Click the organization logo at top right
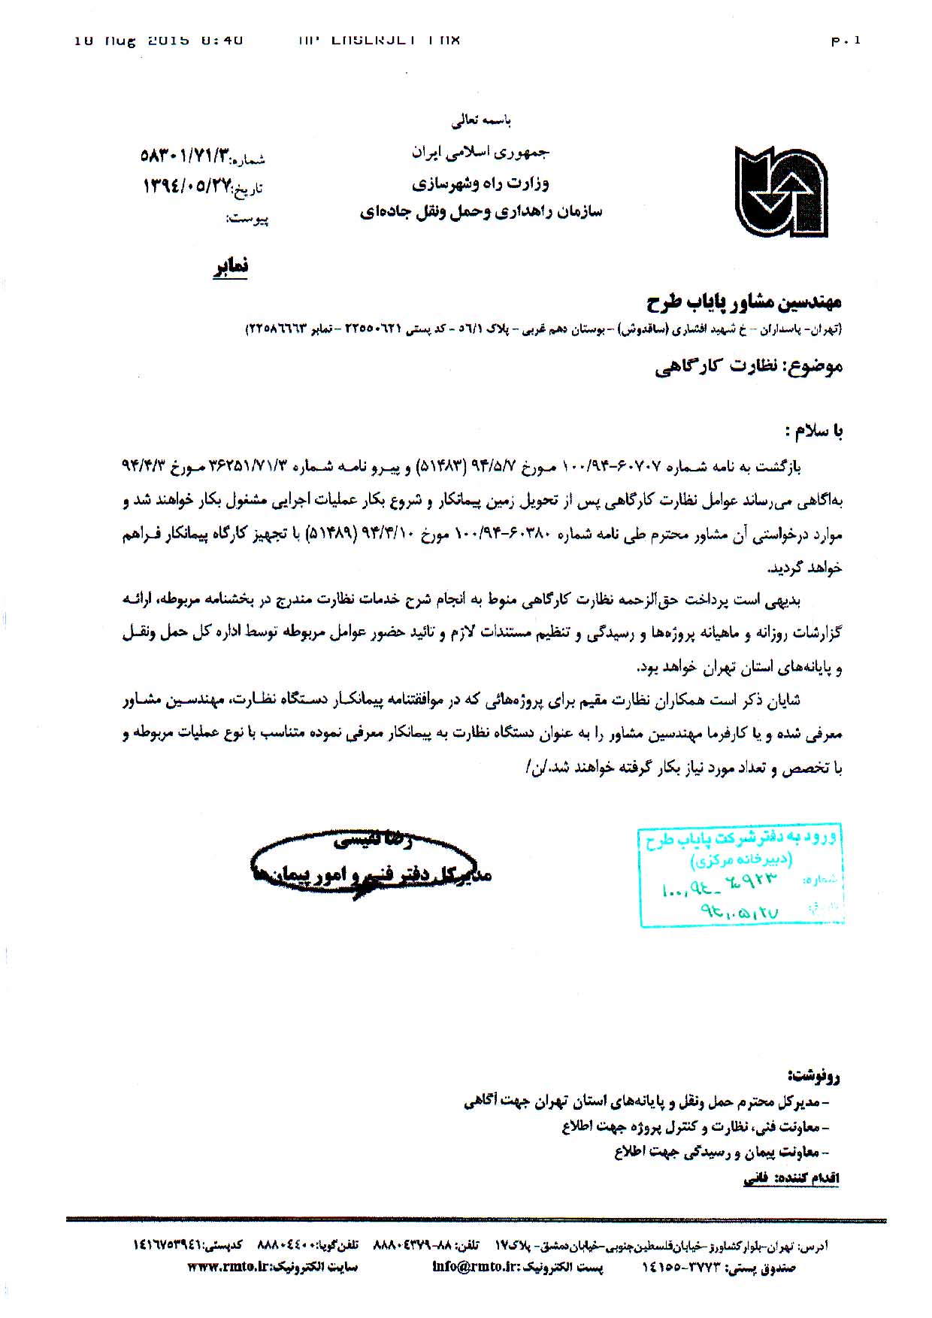pos(781,192)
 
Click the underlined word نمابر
pos(231,267)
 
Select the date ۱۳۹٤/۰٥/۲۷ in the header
pos(186,186)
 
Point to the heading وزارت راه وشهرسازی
pos(480,183)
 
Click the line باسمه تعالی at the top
pos(481,120)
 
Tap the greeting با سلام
pos(813,431)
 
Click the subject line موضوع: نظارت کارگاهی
pos(749,366)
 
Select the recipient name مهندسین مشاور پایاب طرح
pos(744,302)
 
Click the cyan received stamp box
pos(740,877)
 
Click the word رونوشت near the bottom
pos(815,1076)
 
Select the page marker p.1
pos(846,41)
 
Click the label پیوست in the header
pos(247,219)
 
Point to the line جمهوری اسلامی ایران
pos(480,152)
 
